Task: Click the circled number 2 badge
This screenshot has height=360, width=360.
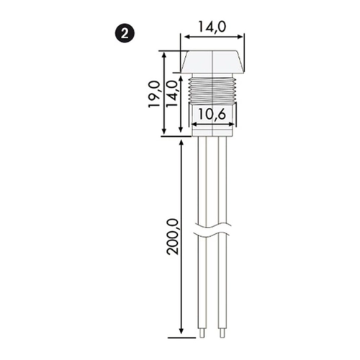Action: pyautogui.click(x=125, y=35)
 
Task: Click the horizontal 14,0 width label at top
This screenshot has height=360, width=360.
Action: pyautogui.click(x=212, y=27)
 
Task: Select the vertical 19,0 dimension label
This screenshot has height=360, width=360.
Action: pyautogui.click(x=154, y=94)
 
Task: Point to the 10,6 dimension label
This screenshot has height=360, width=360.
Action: pyautogui.click(x=212, y=114)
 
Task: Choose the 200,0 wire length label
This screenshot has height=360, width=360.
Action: pyautogui.click(x=174, y=237)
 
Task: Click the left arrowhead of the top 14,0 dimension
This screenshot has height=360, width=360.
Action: pyautogui.click(x=186, y=37)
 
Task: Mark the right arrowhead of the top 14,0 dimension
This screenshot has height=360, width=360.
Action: pyautogui.click(x=240, y=37)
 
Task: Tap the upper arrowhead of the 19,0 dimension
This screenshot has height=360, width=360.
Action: pyautogui.click(x=164, y=55)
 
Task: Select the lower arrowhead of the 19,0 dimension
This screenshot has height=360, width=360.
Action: pyautogui.click(x=164, y=132)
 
